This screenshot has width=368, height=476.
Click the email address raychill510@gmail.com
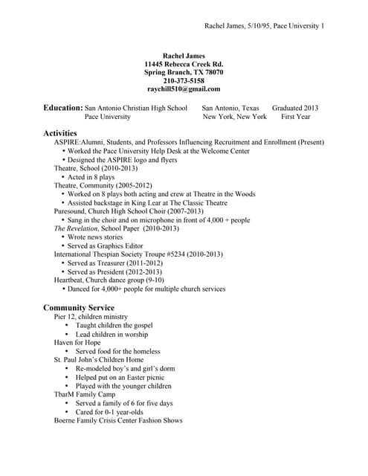[x=184, y=89]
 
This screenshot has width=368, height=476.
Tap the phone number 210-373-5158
[x=184, y=80]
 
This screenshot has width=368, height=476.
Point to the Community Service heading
[x=79, y=307]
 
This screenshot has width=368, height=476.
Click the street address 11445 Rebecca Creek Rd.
[x=184, y=64]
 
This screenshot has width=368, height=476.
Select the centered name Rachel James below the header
[x=184, y=55]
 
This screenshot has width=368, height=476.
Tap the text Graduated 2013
[x=295, y=108]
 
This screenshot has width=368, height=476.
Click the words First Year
[x=296, y=117]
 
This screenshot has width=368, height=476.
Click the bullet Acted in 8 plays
[x=91, y=177]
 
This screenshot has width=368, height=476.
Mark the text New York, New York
[x=234, y=117]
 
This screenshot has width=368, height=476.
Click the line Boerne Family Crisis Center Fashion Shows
[x=117, y=420]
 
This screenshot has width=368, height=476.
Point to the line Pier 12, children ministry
[x=91, y=317]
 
